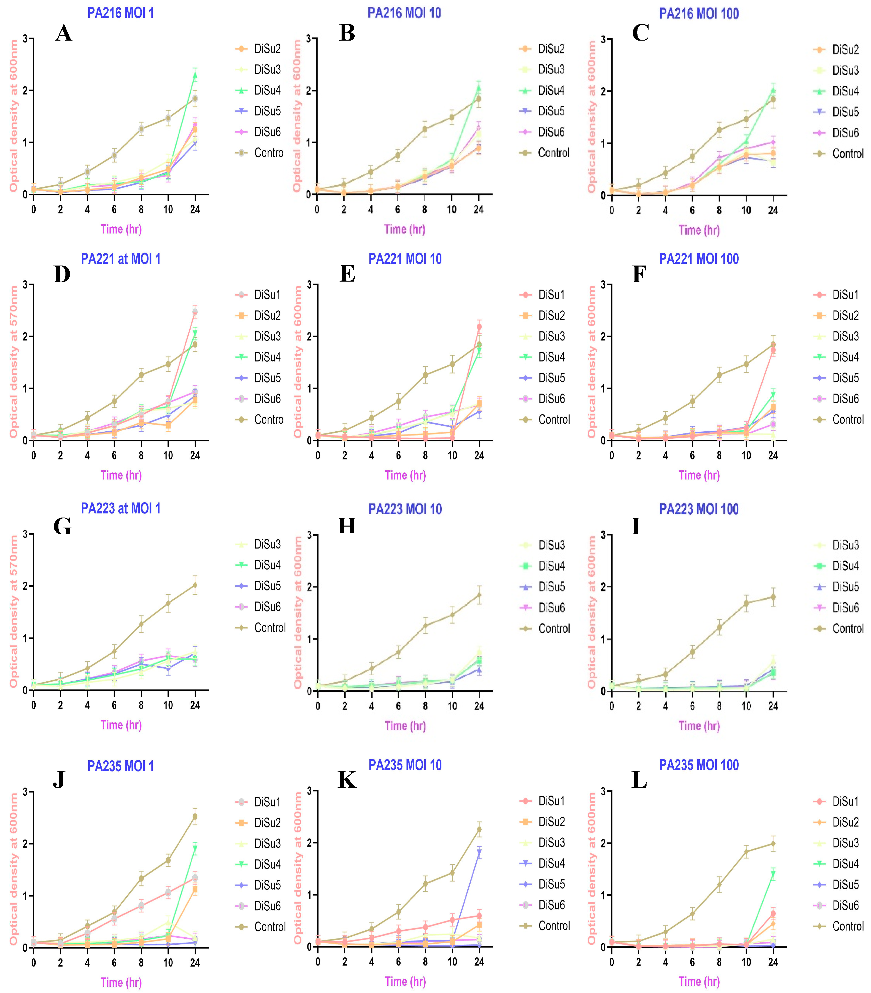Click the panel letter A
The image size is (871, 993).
(64, 34)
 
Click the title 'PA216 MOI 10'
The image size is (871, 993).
(404, 13)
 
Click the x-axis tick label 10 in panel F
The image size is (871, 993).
(746, 455)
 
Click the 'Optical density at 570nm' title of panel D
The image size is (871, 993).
(14, 362)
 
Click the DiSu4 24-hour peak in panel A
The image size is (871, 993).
(195, 75)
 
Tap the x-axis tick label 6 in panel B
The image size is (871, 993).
(398, 209)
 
